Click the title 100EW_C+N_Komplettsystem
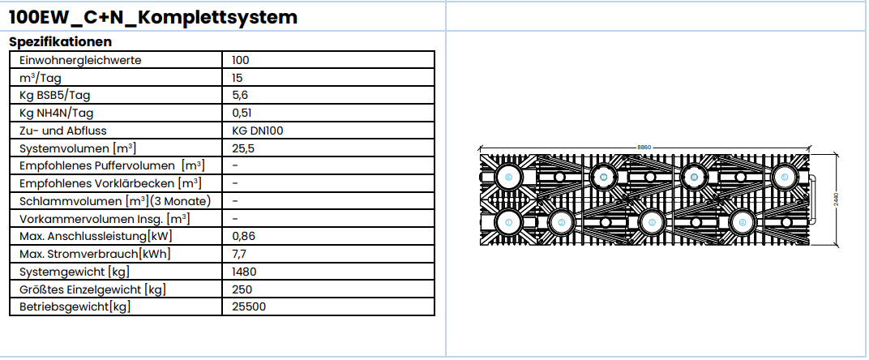(x=152, y=17)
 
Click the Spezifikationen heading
(x=60, y=41)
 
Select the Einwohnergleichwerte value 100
(x=240, y=60)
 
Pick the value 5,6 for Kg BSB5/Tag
(x=239, y=96)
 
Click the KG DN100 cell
(x=257, y=131)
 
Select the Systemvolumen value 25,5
(x=242, y=148)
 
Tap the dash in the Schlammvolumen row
(x=234, y=201)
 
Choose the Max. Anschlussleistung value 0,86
(x=244, y=237)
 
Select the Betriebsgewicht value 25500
(x=248, y=307)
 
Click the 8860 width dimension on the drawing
(x=644, y=147)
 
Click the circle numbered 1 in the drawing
(x=508, y=221)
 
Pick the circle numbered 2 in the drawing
(x=560, y=221)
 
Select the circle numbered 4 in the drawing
(x=741, y=221)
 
